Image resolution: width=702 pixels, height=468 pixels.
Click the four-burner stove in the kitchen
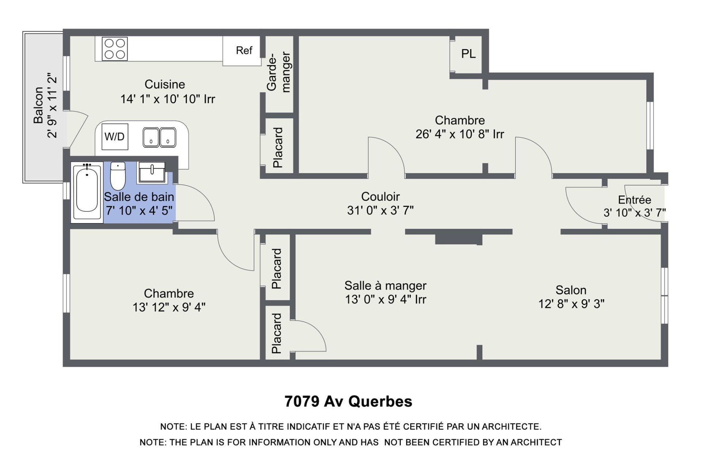115,49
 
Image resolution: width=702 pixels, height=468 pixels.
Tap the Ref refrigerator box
244,50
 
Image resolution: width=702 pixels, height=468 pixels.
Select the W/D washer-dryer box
115,137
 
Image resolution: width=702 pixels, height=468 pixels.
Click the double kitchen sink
159,137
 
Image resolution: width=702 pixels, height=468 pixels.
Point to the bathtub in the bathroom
87,193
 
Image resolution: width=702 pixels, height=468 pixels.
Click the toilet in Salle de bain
118,176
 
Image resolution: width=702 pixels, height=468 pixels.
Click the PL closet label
468,54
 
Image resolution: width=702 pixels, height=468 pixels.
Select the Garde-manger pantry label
279,72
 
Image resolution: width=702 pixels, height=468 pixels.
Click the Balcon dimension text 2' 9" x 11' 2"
52,106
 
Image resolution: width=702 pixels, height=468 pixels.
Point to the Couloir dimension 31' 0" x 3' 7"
380,211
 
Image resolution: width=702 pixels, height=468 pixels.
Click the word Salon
571,290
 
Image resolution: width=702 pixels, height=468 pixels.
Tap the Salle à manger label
385,286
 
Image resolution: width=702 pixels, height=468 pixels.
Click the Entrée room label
634,200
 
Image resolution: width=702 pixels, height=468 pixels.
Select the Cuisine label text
165,84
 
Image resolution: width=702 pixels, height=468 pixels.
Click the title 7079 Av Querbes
348,401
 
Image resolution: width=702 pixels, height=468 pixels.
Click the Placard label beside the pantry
278,148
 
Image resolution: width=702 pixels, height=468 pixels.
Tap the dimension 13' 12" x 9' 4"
169,307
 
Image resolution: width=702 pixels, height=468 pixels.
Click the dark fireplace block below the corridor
458,238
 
